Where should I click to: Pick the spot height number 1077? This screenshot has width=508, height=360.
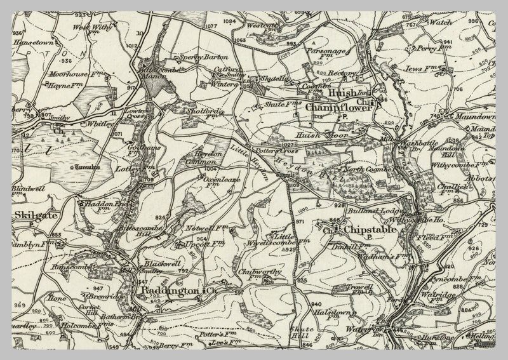click(211, 26)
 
